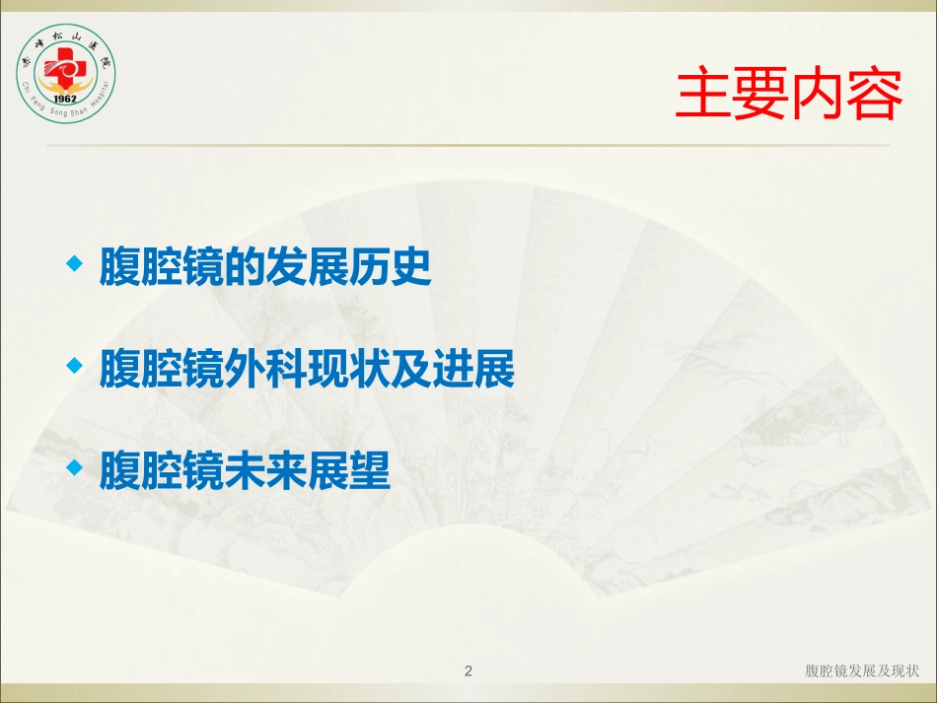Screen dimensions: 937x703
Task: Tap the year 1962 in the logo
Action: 64,99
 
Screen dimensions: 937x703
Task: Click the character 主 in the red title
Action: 702,94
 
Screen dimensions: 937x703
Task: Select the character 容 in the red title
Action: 874,94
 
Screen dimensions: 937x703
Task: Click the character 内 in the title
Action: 817,94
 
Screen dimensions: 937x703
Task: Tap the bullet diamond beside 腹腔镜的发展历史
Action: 75,263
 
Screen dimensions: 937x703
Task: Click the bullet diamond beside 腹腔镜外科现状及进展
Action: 75,365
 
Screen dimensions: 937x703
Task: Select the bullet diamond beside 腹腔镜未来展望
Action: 75,467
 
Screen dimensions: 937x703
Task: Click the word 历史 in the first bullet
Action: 390,266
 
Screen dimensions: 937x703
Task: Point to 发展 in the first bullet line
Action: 307,266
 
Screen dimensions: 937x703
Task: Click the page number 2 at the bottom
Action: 468,670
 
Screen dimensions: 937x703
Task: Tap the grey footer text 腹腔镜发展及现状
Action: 862,670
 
